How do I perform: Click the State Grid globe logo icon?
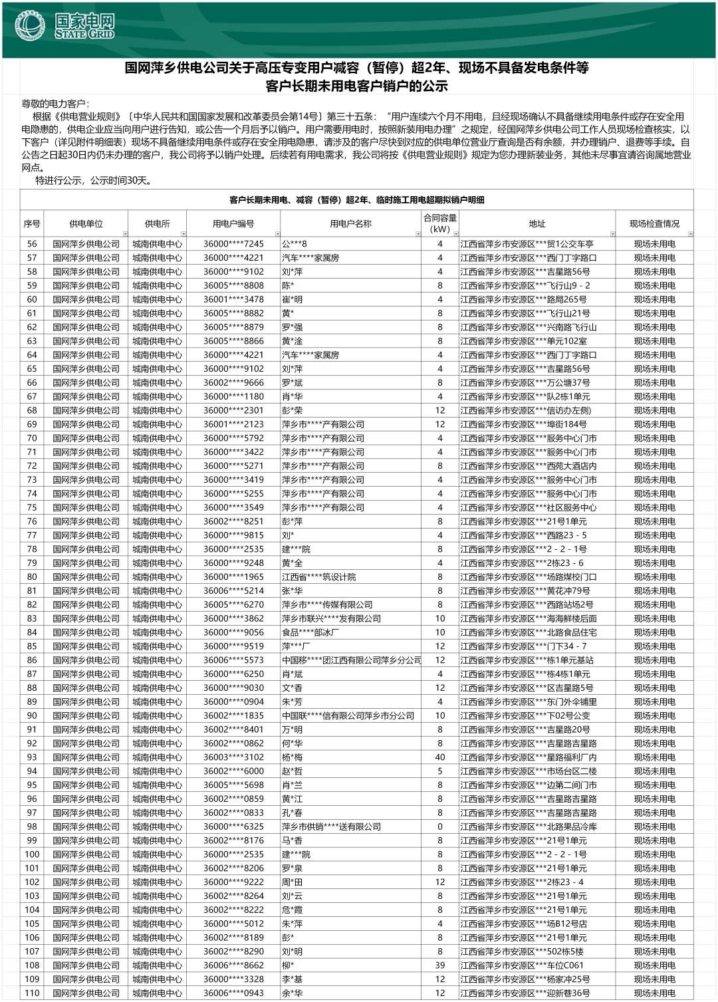point(30,26)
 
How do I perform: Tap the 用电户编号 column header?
point(233,224)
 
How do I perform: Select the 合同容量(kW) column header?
point(439,223)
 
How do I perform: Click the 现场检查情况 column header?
point(654,224)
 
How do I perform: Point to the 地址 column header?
point(537,224)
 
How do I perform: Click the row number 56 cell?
point(32,244)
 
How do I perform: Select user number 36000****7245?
point(233,244)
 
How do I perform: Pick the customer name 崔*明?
point(292,299)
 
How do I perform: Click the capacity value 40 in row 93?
point(439,757)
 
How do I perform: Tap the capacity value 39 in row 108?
point(439,965)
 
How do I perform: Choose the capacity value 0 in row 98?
point(439,826)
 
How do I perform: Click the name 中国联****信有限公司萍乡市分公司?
point(348,715)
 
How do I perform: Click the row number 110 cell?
point(32,993)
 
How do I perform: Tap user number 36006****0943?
point(233,993)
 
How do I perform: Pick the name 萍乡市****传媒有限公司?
point(327,604)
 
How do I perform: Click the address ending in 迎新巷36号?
point(525,993)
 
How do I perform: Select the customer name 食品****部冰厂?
point(310,632)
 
